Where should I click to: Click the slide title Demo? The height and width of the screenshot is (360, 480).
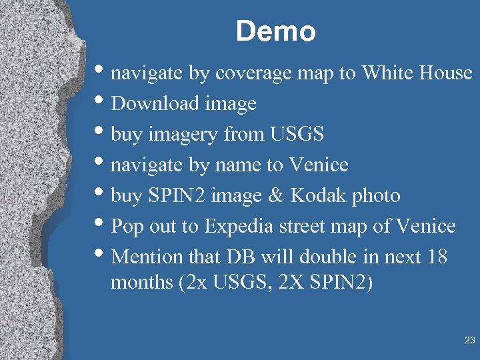[x=275, y=31]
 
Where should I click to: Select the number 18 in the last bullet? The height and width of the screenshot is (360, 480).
[x=435, y=257]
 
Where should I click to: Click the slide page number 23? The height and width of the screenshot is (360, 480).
[x=469, y=341]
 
